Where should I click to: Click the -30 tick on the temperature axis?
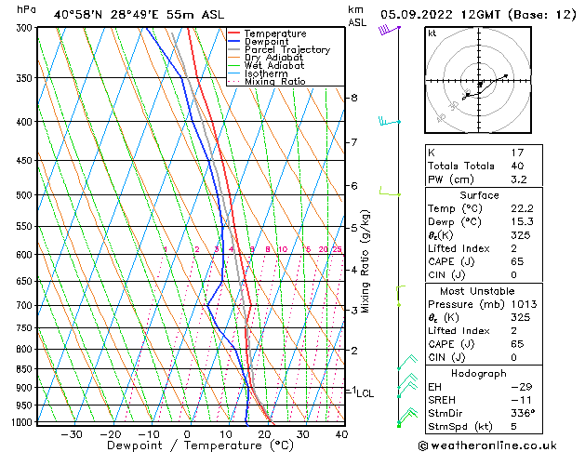[71, 434]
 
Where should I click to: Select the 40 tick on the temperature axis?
[341, 434]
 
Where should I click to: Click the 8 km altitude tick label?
[353, 98]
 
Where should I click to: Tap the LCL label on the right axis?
[366, 393]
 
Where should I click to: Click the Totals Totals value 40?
[518, 166]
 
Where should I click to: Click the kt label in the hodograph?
[432, 33]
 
